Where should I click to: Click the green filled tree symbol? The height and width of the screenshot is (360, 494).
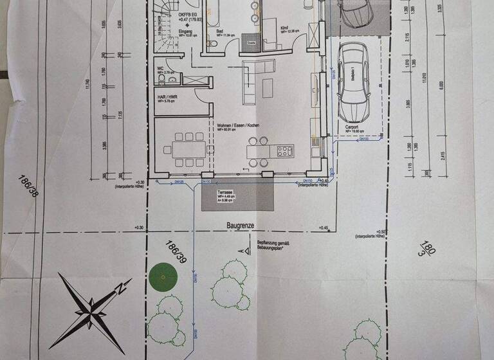tap(162, 278)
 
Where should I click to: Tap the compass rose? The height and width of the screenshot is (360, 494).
tap(92, 308)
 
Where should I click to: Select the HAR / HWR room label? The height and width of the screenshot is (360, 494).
tap(168, 97)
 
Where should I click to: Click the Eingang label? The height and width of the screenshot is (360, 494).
tap(167, 31)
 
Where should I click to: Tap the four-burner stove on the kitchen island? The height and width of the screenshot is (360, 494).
tap(285, 151)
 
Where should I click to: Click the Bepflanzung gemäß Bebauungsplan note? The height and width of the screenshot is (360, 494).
tap(277, 245)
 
